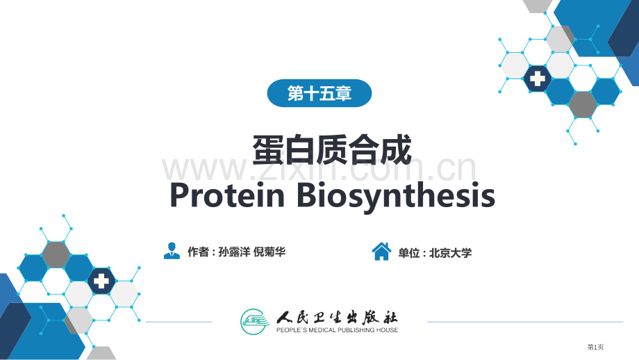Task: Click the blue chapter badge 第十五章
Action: tap(319, 93)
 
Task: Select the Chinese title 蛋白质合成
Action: tap(332, 149)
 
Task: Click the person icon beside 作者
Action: tap(172, 251)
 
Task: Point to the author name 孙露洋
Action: tap(234, 252)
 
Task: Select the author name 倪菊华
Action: tap(269, 252)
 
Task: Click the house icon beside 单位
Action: tap(381, 252)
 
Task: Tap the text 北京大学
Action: tap(451, 253)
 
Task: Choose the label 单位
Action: tap(408, 253)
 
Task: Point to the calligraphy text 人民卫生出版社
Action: tap(337, 317)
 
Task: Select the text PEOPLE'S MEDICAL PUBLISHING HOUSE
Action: tap(337, 330)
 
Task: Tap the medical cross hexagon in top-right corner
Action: tap(537, 79)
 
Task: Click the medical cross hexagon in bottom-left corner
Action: tap(101, 281)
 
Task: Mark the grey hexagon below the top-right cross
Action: tap(583, 104)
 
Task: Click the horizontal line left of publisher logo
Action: tap(179, 322)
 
